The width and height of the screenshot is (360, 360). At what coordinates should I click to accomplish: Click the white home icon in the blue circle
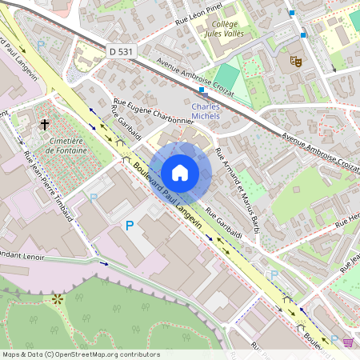pyautogui.click(x=180, y=173)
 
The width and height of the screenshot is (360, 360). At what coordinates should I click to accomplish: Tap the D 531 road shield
pyautogui.click(x=120, y=51)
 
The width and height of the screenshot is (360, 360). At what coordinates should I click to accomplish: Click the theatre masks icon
pyautogui.click(x=295, y=60)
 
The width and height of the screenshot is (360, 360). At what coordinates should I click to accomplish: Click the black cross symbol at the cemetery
pyautogui.click(x=45, y=125)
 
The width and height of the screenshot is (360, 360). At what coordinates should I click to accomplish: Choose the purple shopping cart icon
pyautogui.click(x=348, y=342)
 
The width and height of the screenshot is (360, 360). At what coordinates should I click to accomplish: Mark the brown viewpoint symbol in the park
pyautogui.click(x=58, y=300)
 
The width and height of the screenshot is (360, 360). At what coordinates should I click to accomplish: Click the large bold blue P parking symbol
pyautogui.click(x=129, y=227)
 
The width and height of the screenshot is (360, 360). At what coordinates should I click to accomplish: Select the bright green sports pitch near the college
pyautogui.click(x=227, y=77)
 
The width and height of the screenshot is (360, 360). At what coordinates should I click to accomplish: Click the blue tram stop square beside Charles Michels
pyautogui.click(x=200, y=90)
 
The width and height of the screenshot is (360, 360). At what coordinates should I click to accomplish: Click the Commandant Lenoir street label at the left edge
pyautogui.click(x=18, y=256)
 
